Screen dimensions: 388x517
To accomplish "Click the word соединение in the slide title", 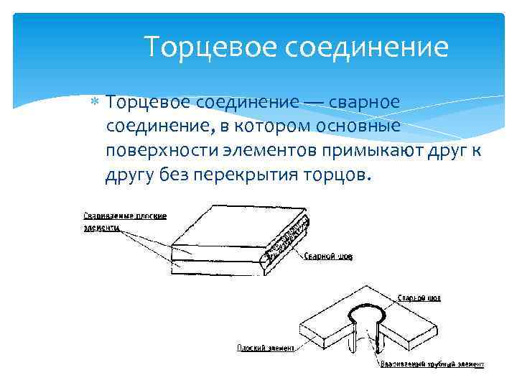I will coord(368,47).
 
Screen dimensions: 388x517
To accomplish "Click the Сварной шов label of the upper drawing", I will coord(328,257).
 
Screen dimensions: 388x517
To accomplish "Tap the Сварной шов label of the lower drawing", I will coord(419,297).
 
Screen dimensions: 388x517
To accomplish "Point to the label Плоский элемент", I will coord(266,348).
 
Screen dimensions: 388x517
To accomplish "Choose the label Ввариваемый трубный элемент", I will coord(432,364).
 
